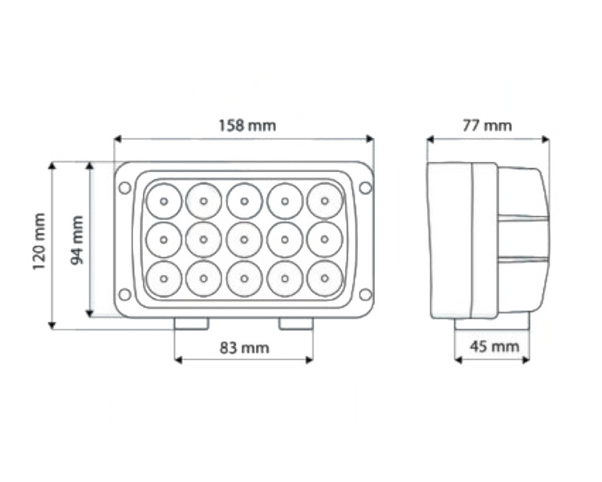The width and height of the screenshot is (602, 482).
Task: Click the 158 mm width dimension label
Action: [246, 125]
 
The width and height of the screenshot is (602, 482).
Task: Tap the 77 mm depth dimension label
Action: [487, 125]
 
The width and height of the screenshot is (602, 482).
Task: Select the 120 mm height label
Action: [39, 241]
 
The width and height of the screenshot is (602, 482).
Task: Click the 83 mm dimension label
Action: [243, 348]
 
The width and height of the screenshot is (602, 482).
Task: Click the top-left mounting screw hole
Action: [125, 188]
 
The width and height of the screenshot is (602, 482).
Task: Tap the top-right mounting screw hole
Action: [365, 188]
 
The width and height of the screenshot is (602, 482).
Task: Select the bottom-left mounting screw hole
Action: [125, 294]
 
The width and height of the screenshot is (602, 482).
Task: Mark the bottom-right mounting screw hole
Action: [365, 294]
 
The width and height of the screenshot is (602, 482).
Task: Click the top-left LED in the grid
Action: [164, 201]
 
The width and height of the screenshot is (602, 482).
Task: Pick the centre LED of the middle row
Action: [244, 239]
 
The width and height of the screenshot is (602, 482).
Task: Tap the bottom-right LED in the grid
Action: [323, 278]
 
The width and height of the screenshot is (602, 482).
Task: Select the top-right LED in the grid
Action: [323, 201]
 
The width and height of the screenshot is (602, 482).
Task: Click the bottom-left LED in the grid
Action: [164, 278]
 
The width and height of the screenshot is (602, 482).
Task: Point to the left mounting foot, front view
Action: [192, 323]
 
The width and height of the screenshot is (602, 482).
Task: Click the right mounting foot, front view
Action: [295, 323]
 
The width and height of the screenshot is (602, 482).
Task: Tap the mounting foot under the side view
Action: [491, 322]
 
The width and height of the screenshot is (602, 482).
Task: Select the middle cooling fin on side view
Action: [523, 239]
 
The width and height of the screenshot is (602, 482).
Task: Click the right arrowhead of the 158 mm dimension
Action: [370, 139]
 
